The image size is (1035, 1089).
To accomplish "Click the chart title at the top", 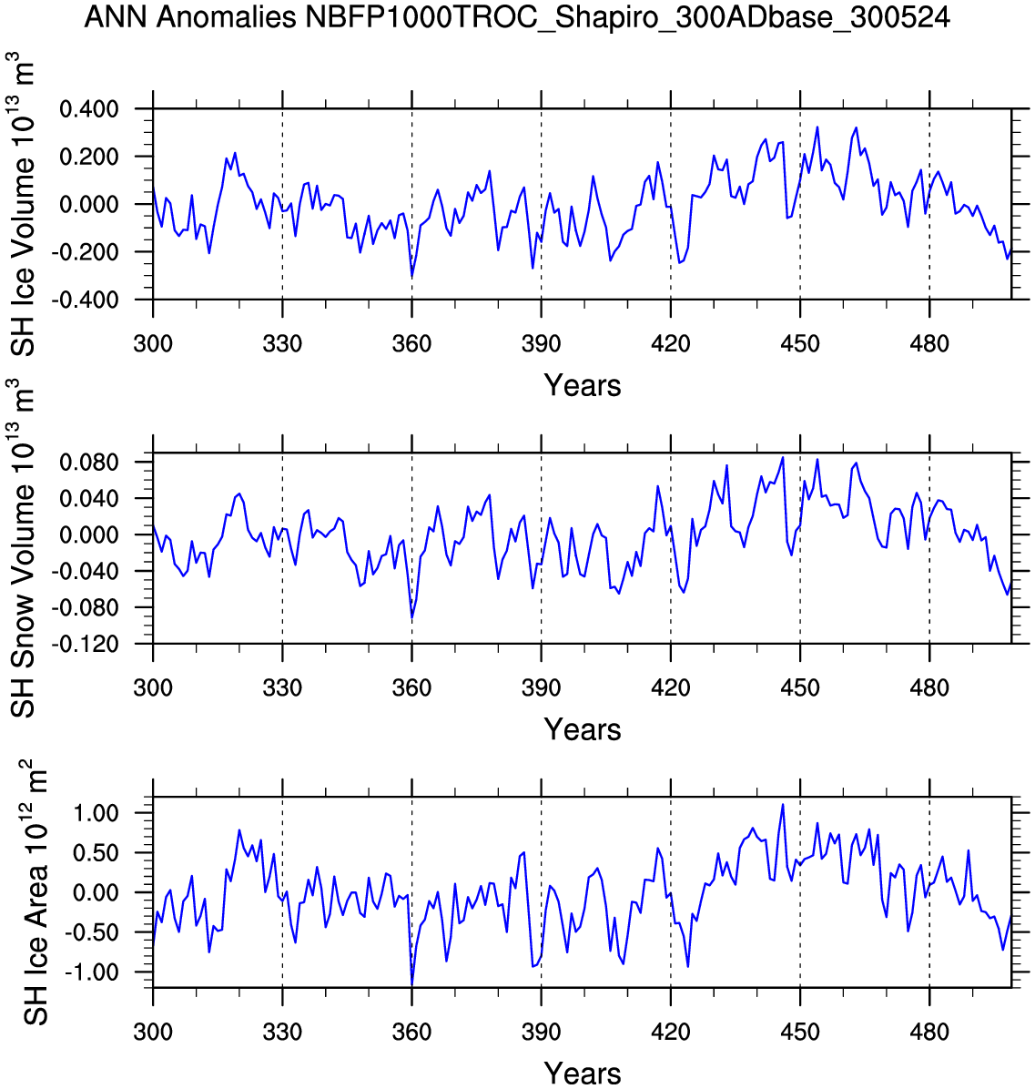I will tap(517, 17).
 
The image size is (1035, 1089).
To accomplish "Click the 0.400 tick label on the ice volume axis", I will tap(89, 110).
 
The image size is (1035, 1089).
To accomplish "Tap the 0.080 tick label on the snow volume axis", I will tap(89, 463).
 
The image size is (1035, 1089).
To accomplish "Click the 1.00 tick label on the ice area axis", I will tap(95, 812).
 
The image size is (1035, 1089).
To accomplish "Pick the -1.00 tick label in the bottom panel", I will tap(91, 972).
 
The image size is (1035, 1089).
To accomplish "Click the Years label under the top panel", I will tap(583, 386).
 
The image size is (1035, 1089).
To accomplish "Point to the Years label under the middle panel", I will tap(583, 729).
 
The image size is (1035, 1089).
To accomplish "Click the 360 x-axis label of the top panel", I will tap(411, 345).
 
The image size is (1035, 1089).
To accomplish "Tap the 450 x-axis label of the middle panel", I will tap(799, 688).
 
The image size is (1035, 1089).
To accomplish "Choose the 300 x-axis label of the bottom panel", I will tap(153, 1033).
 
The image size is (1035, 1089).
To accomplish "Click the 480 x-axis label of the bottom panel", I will tap(928, 1033).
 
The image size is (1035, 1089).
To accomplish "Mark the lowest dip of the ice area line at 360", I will tap(411, 984).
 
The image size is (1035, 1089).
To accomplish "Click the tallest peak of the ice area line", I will tap(782, 805).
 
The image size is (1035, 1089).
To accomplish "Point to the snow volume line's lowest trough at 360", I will tap(411, 618).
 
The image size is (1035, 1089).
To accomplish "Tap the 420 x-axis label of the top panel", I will tap(670, 345).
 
